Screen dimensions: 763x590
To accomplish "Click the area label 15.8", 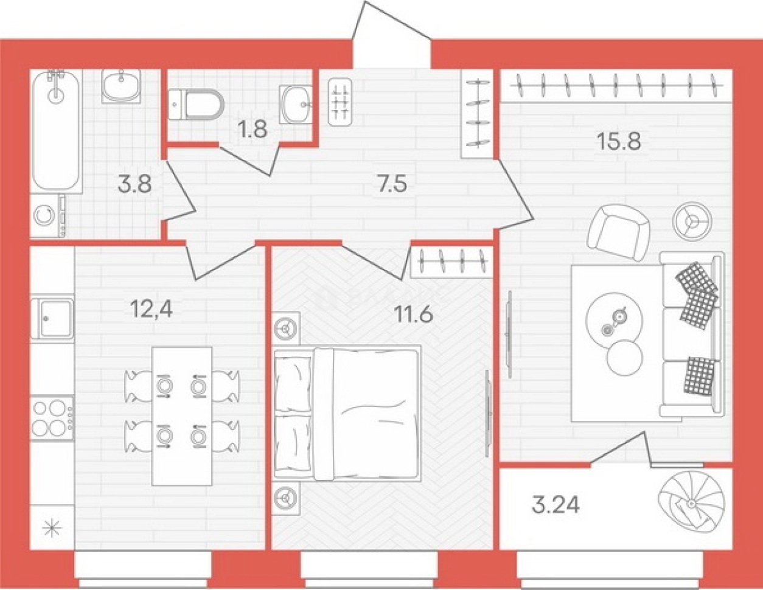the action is pos(619,142).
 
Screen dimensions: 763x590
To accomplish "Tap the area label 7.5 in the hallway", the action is pos(392,184).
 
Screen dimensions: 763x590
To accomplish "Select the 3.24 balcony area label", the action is pos(556,505).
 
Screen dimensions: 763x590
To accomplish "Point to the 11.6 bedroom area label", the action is pos(414,313).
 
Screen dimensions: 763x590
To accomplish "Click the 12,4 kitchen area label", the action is pos(152,310).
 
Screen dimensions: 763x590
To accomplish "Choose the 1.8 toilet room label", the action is pos(253,129).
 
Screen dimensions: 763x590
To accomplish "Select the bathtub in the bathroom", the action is pos(56,131).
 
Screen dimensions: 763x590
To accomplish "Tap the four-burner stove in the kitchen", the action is pos(52,418).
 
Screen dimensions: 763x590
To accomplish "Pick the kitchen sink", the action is pos(52,319).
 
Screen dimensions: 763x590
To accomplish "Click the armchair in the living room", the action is pos(619,233).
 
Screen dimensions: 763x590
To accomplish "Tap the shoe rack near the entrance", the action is pos(340,102).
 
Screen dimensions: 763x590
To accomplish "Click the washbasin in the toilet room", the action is pos(296,104).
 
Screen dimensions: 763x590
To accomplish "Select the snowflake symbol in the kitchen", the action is pos(52,530).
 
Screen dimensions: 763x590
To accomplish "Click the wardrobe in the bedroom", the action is pos(451,262).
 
